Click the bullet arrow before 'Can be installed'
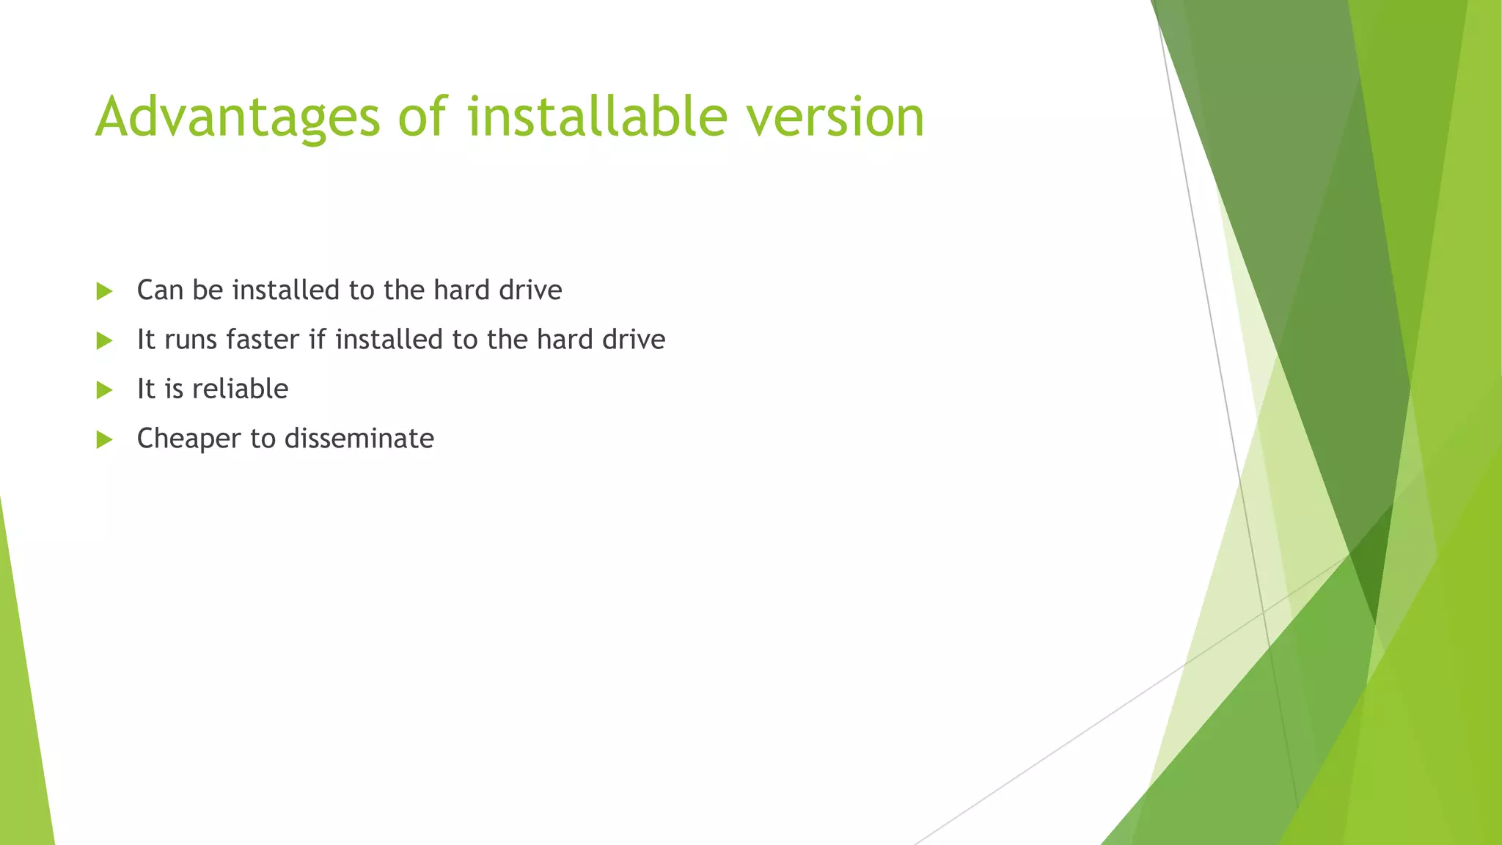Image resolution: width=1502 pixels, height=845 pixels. pyautogui.click(x=104, y=291)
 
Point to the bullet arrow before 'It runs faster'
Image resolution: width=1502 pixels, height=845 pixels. pyautogui.click(x=104, y=340)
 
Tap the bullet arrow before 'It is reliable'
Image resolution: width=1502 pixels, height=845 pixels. pyautogui.click(x=104, y=389)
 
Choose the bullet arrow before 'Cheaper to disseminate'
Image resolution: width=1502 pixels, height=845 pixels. pyautogui.click(x=104, y=439)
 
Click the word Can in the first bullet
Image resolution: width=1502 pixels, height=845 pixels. pyautogui.click(x=160, y=290)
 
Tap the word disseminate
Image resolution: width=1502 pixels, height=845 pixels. pyautogui.click(x=359, y=439)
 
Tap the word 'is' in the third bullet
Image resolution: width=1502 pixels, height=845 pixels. pyautogui.click(x=174, y=389)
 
